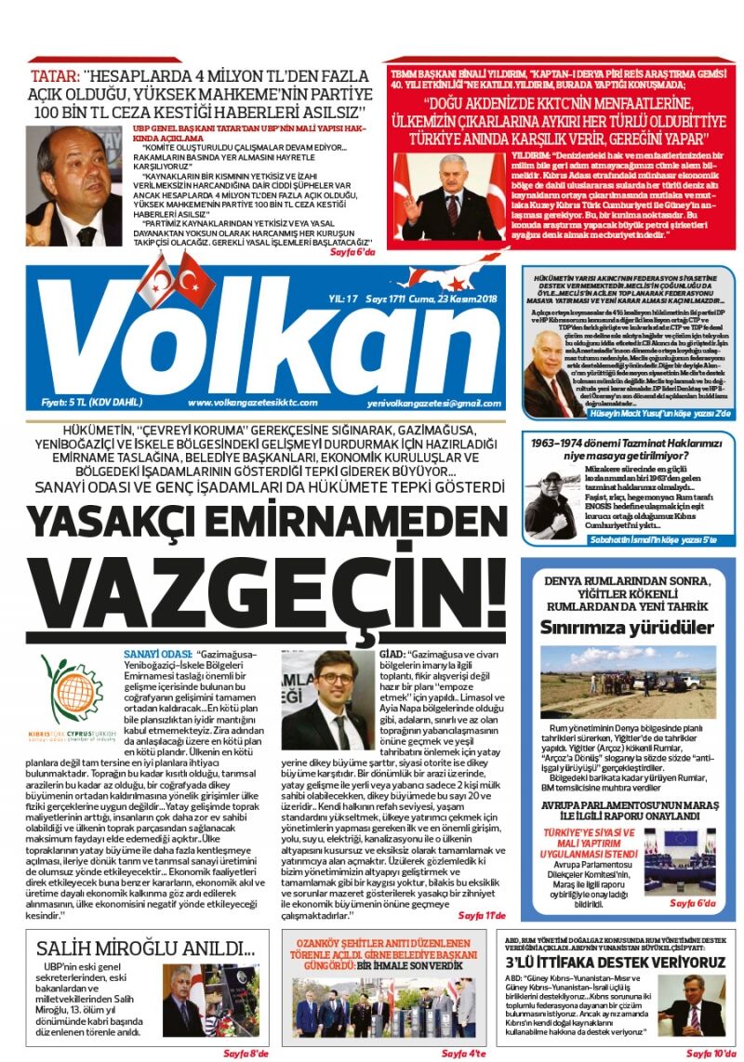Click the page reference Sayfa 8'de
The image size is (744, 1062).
point(245,1053)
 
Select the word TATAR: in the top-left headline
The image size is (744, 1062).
point(54,75)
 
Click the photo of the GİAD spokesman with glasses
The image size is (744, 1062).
point(327,701)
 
